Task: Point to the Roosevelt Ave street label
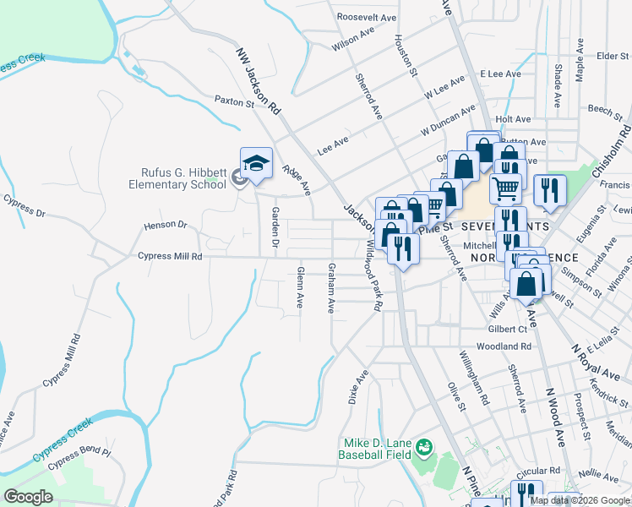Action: click(366, 17)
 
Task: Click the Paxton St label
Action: click(234, 101)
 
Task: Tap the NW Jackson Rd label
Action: click(259, 80)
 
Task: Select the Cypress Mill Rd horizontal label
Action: click(170, 256)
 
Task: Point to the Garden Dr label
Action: click(274, 222)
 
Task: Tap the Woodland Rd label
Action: click(503, 346)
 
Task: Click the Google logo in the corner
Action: click(29, 496)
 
